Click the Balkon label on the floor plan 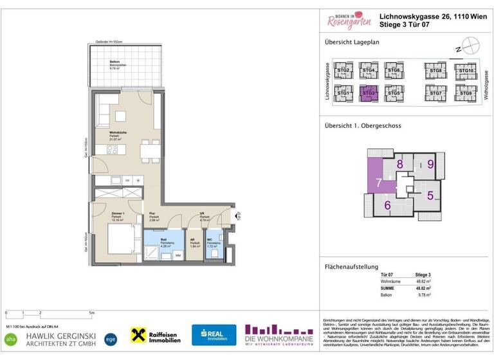click(x=97, y=62)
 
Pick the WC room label click(x=210, y=239)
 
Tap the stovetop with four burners click(x=112, y=150)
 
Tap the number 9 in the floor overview click(x=430, y=164)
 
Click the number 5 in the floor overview click(x=430, y=195)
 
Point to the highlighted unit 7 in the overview click(x=379, y=184)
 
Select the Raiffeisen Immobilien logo click(x=156, y=334)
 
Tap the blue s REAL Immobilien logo click(x=214, y=334)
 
